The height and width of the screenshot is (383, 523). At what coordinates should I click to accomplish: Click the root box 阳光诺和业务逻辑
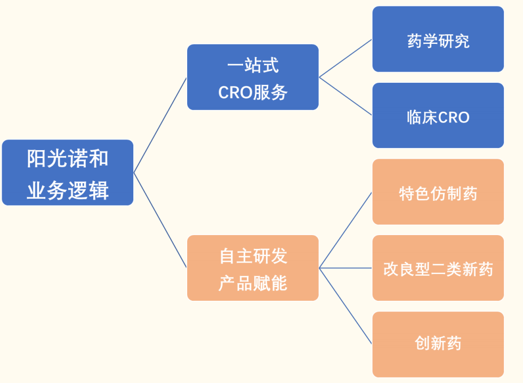[x=68, y=173]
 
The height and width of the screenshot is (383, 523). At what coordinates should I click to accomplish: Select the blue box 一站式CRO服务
[x=253, y=77]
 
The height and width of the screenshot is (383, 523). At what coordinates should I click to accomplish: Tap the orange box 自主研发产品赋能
[x=253, y=268]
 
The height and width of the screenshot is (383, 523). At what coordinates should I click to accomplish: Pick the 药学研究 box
[x=438, y=39]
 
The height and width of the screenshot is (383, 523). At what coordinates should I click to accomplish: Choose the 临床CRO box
[x=438, y=115]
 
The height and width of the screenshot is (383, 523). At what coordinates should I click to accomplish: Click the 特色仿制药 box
[x=438, y=192]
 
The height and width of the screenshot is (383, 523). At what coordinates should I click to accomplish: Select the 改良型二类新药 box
[x=438, y=268]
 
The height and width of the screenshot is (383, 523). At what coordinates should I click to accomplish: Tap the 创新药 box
[x=438, y=345]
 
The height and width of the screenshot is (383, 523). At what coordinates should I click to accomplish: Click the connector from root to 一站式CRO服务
[x=160, y=125]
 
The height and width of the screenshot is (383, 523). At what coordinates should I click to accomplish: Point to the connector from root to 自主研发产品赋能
[x=160, y=220]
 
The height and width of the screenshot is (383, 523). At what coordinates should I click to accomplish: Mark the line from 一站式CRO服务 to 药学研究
[x=345, y=58]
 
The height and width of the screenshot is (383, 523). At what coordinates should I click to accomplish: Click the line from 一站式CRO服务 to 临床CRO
[x=345, y=96]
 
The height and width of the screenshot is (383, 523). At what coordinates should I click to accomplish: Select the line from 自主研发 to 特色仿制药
[x=345, y=230]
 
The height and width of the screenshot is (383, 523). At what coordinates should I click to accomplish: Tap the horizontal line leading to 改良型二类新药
[x=345, y=268]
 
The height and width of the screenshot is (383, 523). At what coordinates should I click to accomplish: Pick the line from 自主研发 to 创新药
[x=345, y=306]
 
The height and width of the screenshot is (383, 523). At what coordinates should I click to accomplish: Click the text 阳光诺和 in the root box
[x=68, y=159]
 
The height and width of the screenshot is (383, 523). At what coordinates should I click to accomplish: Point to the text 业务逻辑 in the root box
[x=68, y=190]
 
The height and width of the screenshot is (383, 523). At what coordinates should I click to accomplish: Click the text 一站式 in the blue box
[x=253, y=65]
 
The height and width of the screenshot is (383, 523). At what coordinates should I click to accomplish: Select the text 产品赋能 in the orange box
[x=253, y=284]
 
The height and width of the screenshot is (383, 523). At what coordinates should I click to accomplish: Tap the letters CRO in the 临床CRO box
[x=454, y=118]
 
